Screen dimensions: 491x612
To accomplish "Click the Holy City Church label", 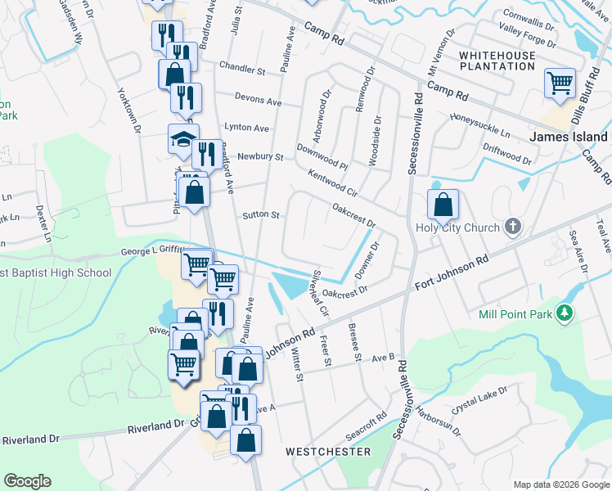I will coord(457,227).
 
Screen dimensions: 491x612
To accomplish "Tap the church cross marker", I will coord(512,227).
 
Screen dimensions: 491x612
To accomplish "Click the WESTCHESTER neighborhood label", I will coord(328,452).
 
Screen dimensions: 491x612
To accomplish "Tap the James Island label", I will coord(569,137).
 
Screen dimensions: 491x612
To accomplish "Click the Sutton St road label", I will coord(261,215).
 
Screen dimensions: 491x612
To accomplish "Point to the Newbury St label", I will coord(260,156).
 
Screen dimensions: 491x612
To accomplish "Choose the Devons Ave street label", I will coord(257,101).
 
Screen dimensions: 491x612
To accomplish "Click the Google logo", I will coord(27,481).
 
